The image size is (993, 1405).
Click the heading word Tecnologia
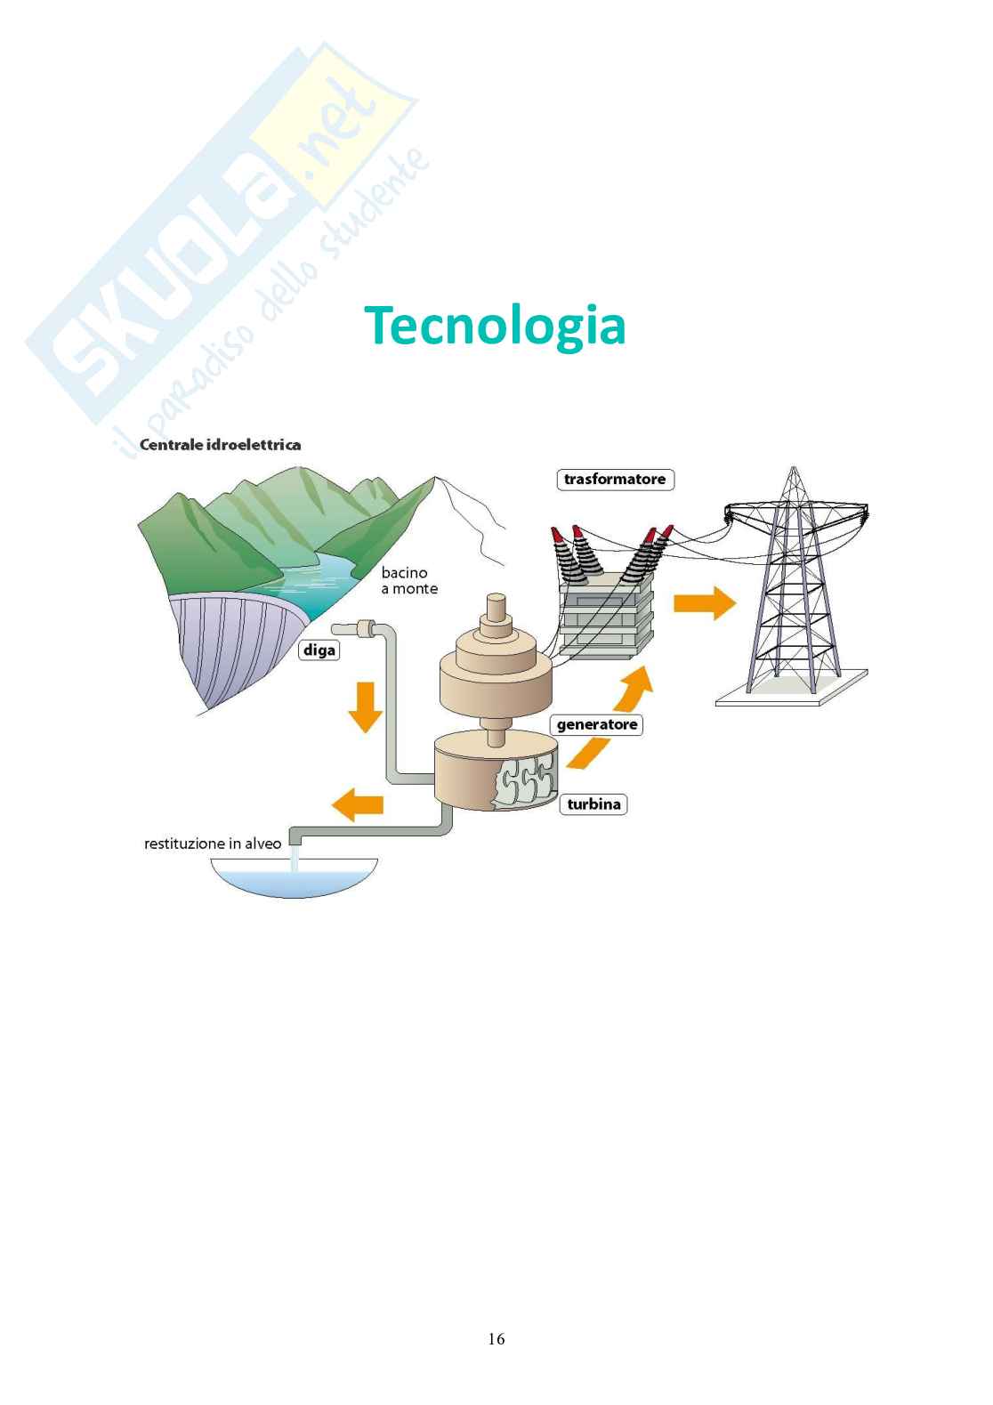click(x=494, y=326)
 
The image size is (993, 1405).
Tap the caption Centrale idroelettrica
click(x=220, y=444)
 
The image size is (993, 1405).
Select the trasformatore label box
click(x=615, y=480)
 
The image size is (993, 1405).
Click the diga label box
click(x=319, y=650)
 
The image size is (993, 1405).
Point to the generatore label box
click(x=596, y=724)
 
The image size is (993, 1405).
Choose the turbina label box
click(x=593, y=804)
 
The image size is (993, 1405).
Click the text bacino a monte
click(x=408, y=580)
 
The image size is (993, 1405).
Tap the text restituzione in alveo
click(x=213, y=843)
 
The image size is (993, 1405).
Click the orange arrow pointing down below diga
click(x=365, y=705)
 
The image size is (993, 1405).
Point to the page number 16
click(x=496, y=1338)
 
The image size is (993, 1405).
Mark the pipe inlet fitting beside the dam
click(x=365, y=629)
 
